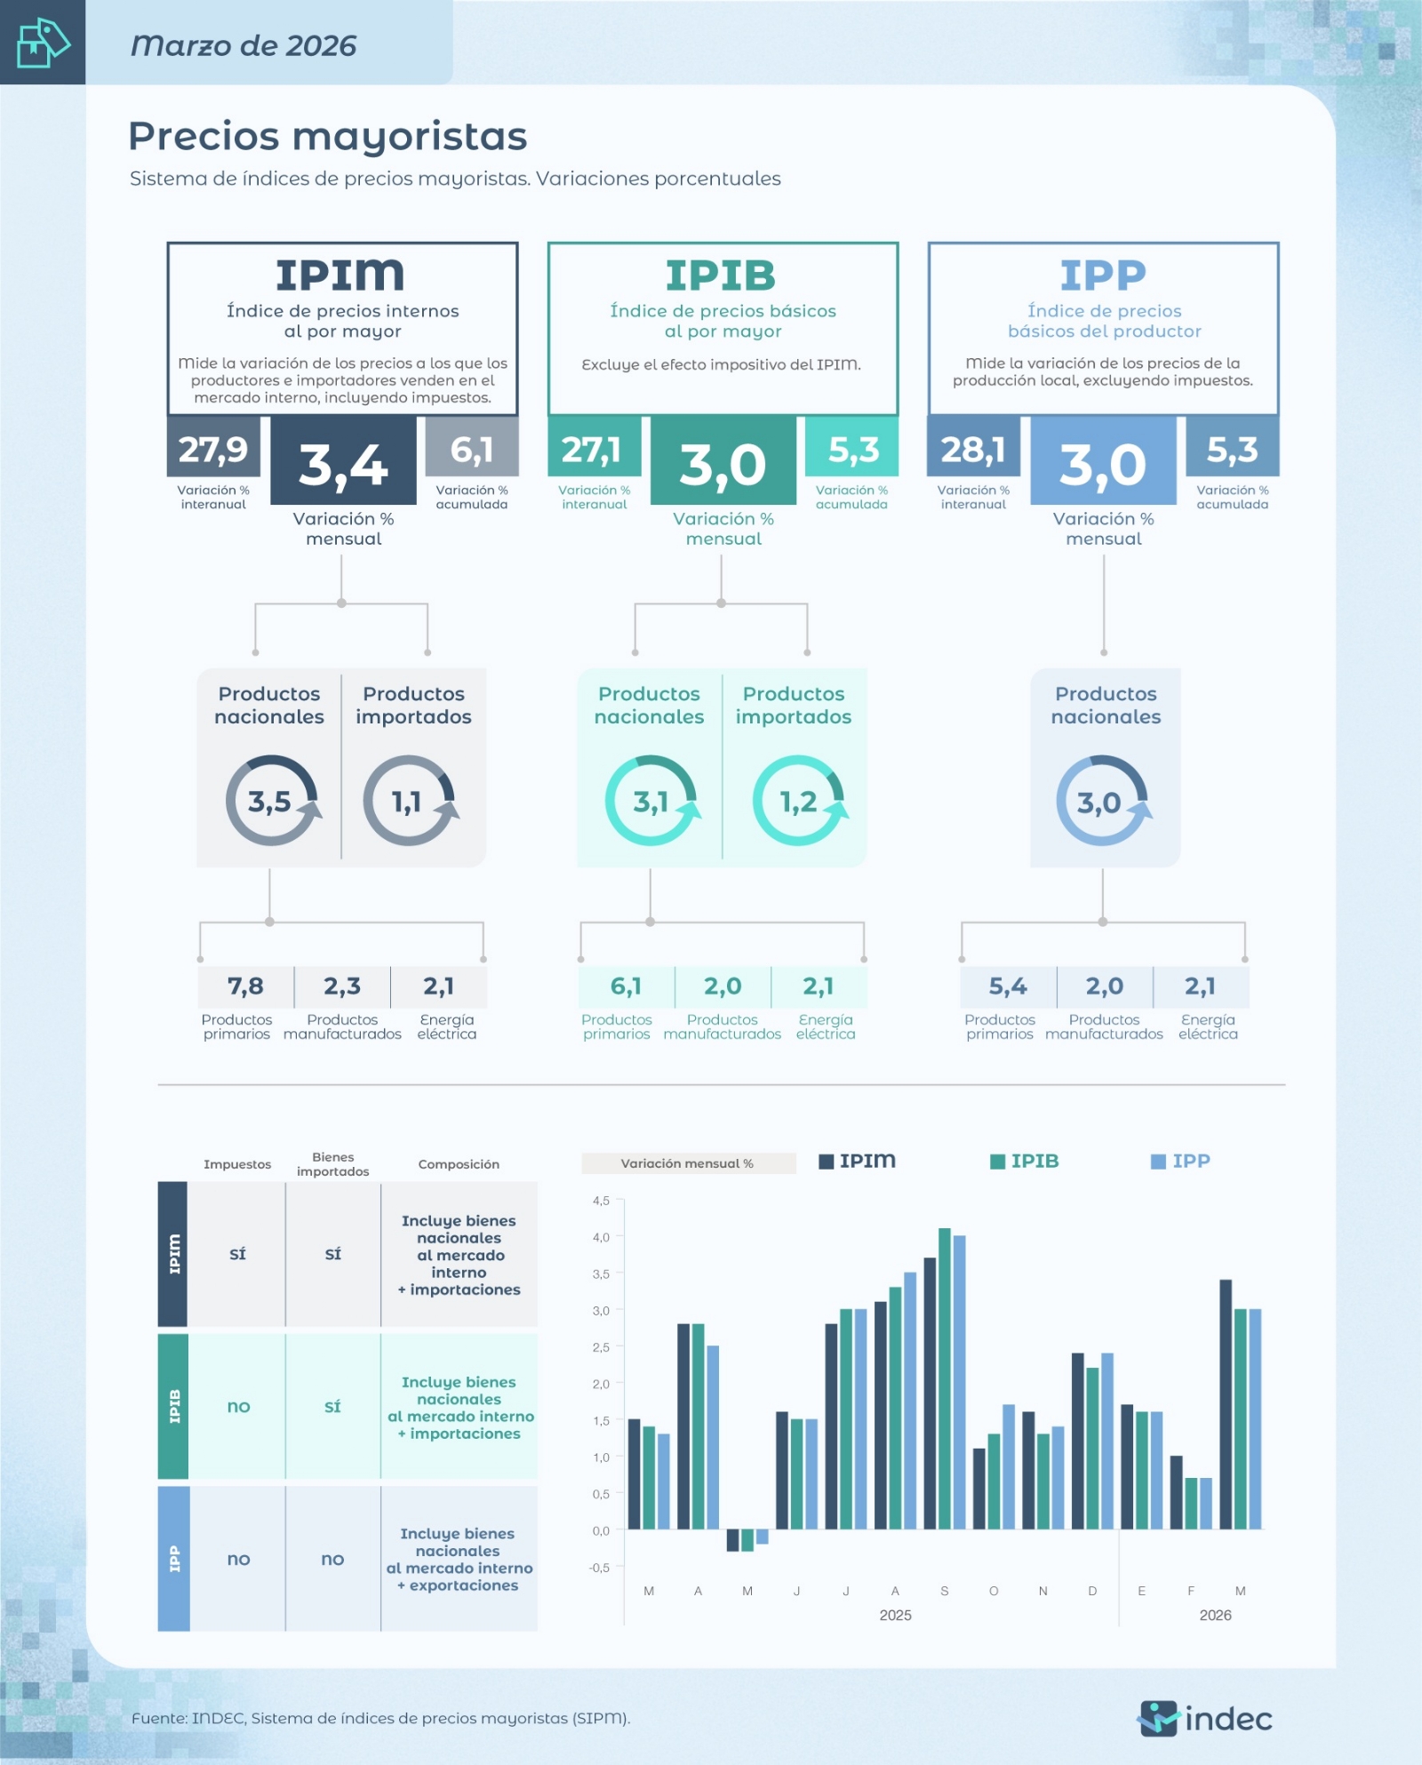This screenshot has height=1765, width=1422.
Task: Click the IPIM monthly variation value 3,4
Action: point(343,465)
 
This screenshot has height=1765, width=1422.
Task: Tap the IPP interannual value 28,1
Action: point(973,450)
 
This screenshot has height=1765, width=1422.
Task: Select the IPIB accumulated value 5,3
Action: point(853,450)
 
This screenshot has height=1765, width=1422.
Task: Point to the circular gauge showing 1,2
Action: point(799,801)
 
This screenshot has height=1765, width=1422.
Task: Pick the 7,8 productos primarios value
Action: point(245,986)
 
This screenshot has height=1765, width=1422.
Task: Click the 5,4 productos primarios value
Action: point(1008,986)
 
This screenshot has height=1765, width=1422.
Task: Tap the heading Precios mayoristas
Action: point(328,136)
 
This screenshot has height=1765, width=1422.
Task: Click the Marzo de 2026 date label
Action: point(244,45)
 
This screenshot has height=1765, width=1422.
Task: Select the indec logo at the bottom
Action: point(1204,1718)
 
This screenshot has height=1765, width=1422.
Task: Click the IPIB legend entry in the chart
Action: point(1025,1161)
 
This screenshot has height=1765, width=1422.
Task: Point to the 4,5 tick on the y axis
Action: point(601,1201)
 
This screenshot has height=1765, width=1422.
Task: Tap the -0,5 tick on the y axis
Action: point(599,1568)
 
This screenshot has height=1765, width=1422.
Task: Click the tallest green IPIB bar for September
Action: point(945,1378)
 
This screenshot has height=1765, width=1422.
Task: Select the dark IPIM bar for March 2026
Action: point(1226,1404)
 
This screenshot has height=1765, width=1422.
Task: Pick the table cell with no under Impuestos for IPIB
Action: point(238,1406)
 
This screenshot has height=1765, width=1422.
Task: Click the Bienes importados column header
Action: point(333,1164)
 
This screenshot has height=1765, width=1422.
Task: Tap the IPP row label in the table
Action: point(174,1559)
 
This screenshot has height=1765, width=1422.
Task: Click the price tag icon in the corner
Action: point(43,43)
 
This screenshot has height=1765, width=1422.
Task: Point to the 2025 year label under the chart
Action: point(895,1615)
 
